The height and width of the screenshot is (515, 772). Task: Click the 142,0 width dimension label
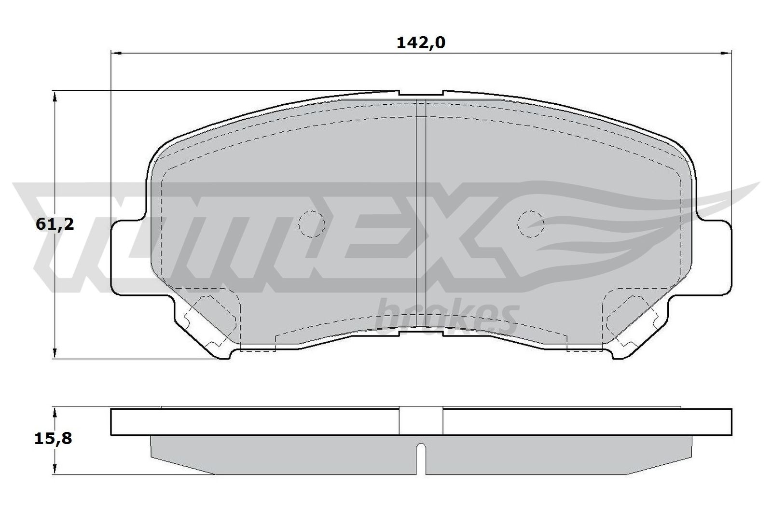(421, 43)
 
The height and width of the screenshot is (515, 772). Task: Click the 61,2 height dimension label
(55, 225)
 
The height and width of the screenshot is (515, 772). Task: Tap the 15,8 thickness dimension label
(54, 439)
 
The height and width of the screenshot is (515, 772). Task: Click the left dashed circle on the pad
(312, 224)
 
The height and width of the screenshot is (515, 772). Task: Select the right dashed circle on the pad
(531, 224)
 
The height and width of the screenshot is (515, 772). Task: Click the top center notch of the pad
(421, 93)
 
